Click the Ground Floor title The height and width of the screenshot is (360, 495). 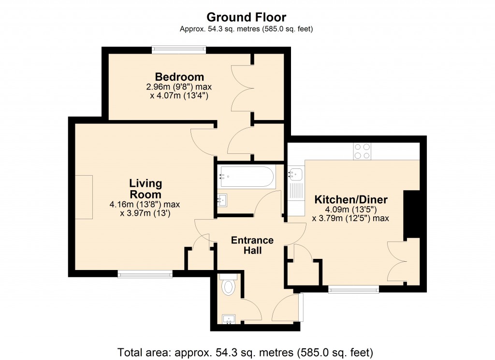tap(246, 17)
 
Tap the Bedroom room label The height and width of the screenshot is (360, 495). tap(179, 77)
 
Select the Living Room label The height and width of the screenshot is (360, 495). tap(146, 189)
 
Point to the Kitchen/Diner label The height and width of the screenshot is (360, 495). tap(351, 199)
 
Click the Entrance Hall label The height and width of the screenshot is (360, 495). tap(252, 245)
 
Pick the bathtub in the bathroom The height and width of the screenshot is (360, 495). tap(246, 177)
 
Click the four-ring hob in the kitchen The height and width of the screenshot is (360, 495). tap(363, 151)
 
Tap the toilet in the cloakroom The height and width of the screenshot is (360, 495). tap(228, 285)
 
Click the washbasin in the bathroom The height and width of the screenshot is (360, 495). tap(222, 200)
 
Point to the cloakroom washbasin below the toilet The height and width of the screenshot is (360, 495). tap(229, 319)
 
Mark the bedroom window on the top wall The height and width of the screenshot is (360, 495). tap(179, 49)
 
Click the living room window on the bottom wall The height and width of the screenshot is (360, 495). tap(145, 274)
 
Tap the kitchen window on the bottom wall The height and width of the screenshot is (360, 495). tap(353, 289)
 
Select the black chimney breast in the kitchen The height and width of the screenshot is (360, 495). tap(412, 214)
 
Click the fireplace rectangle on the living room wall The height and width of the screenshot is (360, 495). tap(84, 197)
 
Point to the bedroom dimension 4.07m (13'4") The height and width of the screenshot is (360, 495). tap(179, 95)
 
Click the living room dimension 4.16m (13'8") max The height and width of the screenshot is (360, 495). tap(145, 205)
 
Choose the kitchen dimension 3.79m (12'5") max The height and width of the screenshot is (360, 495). tap(350, 218)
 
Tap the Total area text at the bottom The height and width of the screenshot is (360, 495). tap(245, 352)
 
